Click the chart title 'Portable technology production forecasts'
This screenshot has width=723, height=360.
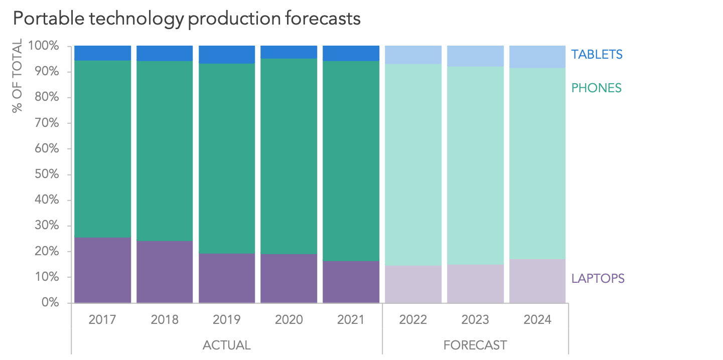tap(187, 18)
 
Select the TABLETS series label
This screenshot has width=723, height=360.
tap(597, 54)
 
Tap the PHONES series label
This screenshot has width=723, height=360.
tap(596, 88)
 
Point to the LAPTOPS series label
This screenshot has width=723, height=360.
tap(598, 278)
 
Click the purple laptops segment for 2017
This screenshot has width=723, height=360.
tap(102, 270)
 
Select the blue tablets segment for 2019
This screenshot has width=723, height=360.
tap(227, 55)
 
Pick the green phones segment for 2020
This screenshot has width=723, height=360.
tap(289, 156)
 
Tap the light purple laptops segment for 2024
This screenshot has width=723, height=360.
tap(538, 281)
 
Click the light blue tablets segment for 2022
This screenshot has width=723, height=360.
tap(413, 55)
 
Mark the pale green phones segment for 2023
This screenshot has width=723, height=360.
tap(476, 165)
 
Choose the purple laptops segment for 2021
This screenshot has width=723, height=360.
tap(351, 282)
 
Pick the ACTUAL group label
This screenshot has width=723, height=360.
tap(226, 345)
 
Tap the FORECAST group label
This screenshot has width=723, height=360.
tap(475, 345)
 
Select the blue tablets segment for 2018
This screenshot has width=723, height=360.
tap(165, 53)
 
